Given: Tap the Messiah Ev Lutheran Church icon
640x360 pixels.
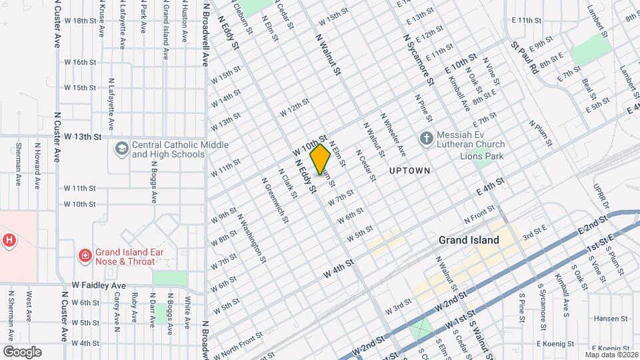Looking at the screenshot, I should (x=427, y=138).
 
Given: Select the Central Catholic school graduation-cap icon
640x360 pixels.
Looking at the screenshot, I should (x=122, y=147).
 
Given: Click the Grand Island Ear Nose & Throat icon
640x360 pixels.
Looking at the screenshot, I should (x=85, y=255).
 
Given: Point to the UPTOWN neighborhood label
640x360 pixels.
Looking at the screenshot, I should (x=410, y=171).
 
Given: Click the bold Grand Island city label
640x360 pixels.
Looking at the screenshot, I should (x=469, y=240).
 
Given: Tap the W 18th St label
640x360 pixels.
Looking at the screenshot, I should (x=85, y=21).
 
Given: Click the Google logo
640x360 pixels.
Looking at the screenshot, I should (x=21, y=351).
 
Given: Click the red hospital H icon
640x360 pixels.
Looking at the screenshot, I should (x=9, y=240).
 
